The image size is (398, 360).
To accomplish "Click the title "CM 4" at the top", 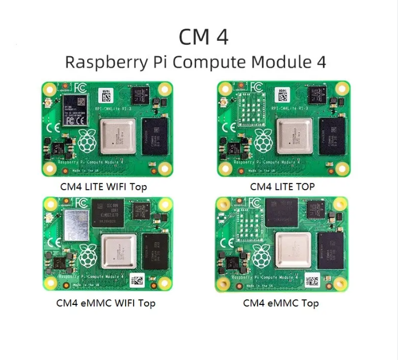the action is [x=204, y=36].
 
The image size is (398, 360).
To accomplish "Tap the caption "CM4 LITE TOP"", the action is [x=282, y=186].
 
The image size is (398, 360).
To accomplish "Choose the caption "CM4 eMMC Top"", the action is [x=280, y=303].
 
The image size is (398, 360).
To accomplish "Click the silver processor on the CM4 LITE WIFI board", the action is [x=118, y=137].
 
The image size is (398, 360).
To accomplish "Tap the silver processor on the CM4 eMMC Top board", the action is [x=293, y=251].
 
